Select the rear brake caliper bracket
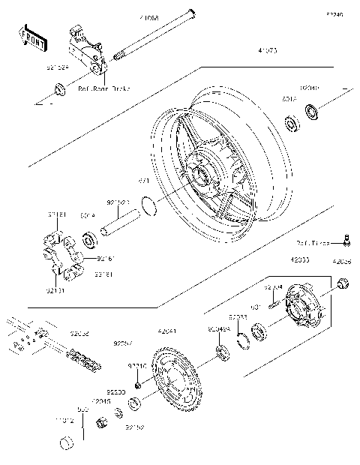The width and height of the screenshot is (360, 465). [87, 52]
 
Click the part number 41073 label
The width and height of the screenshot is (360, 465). [268, 51]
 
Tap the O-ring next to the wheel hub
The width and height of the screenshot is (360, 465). [149, 204]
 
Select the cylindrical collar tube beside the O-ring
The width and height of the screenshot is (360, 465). [121, 223]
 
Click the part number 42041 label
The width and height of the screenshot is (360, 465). [168, 331]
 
